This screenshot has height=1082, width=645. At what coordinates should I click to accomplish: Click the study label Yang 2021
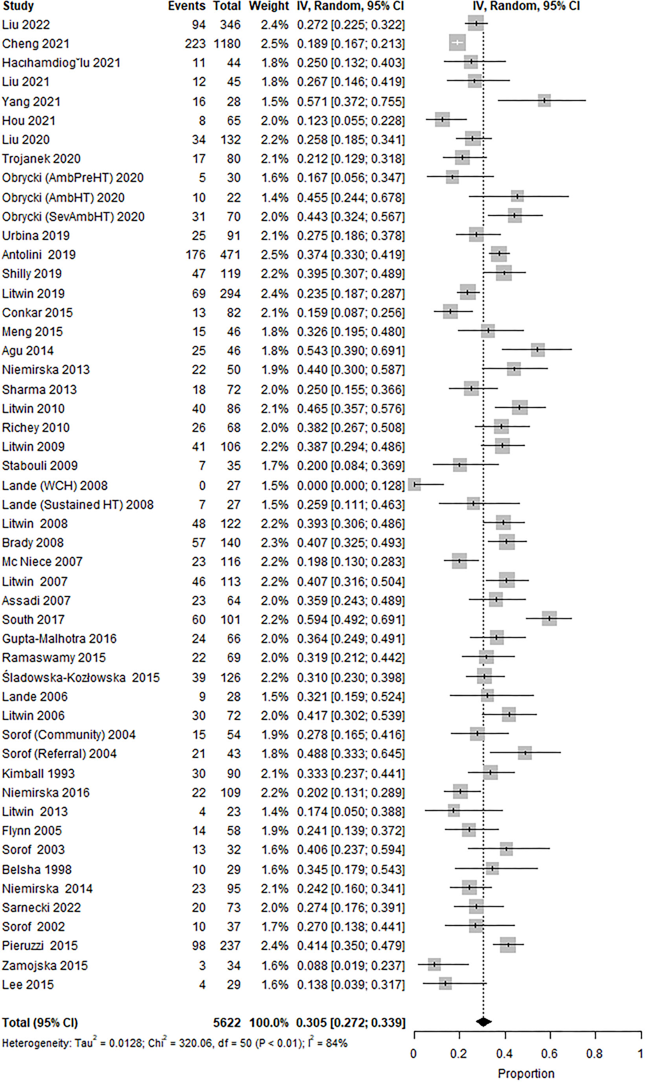pos(31,102)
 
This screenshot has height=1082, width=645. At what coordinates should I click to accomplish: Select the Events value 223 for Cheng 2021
pos(195,44)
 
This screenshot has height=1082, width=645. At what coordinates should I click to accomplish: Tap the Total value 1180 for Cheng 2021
pos(227,44)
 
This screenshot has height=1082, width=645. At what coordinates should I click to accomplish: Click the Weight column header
pos(268,6)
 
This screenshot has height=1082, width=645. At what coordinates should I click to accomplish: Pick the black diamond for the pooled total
pos(484,1022)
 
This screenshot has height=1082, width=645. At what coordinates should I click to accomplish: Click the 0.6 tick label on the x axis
pos(549,1054)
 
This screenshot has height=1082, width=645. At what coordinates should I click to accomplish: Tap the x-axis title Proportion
pos(526,1073)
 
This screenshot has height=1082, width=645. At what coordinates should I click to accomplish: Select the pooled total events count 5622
pos(227,1023)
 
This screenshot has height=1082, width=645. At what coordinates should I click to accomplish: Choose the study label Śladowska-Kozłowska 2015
pos(81,677)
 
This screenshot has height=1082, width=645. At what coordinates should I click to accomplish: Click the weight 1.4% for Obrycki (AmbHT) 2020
pos(274,198)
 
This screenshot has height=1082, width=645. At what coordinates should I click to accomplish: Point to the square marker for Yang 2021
pos(544,100)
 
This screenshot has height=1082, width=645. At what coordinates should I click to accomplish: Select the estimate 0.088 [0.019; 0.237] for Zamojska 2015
pos(350,966)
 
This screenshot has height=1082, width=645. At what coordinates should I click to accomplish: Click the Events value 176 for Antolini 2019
pos(195,254)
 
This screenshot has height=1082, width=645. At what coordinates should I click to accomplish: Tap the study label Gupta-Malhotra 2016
pos(59,639)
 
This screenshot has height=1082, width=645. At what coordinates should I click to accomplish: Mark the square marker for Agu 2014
pos(537,349)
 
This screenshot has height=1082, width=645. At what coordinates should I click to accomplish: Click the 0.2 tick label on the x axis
pos(459,1054)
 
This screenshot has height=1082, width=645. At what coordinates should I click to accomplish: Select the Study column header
pos(18,6)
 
